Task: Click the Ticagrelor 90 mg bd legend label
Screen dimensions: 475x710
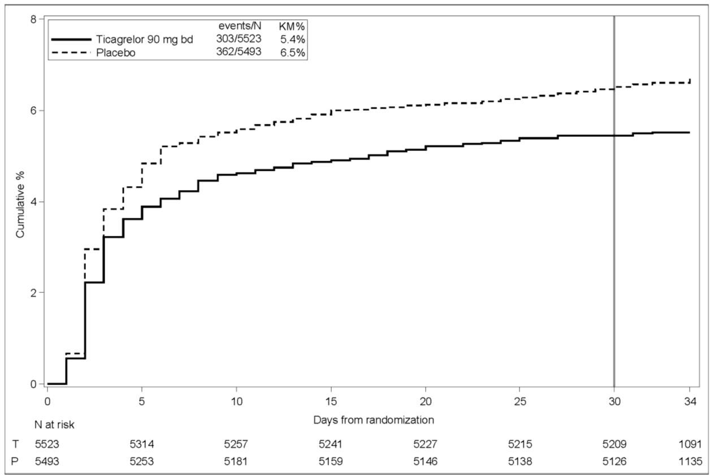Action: click(x=145, y=39)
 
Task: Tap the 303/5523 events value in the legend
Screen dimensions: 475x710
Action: click(x=238, y=39)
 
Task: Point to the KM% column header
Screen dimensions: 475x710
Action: click(x=292, y=26)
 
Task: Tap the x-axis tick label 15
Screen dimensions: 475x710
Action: click(x=331, y=400)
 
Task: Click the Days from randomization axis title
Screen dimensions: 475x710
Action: click(x=373, y=420)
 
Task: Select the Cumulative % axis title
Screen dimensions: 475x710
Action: click(x=20, y=202)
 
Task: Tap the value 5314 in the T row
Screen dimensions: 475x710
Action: click(x=142, y=444)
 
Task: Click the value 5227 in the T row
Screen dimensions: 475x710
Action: click(x=426, y=444)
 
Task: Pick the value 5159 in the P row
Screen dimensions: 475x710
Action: click(x=331, y=461)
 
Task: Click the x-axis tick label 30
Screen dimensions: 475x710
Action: click(x=614, y=400)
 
